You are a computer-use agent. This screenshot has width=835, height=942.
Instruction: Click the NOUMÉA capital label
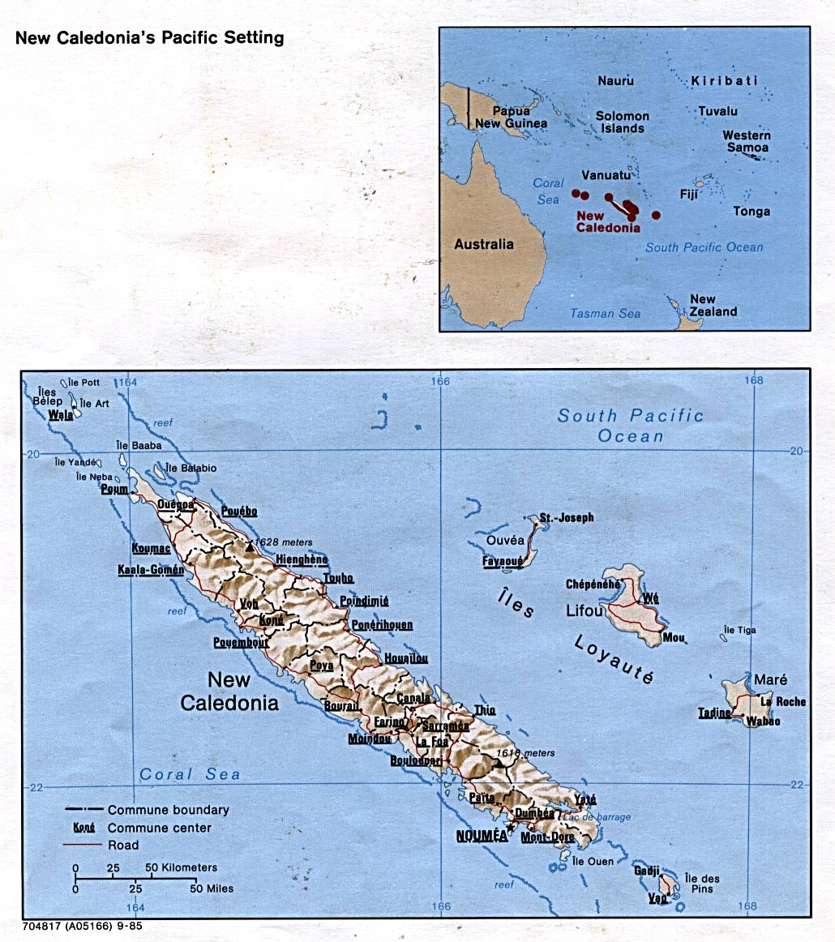coord(482,835)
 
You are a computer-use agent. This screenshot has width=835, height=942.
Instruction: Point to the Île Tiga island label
coord(739,630)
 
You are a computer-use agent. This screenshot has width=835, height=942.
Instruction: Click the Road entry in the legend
coord(123,845)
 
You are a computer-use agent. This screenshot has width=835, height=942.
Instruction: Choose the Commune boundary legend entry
coord(168,810)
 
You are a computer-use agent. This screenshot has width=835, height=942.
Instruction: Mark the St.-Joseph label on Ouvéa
coord(567,517)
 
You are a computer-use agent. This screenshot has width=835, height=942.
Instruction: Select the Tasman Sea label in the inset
coord(604,314)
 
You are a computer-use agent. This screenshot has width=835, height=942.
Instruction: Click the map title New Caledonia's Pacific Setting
coord(150,38)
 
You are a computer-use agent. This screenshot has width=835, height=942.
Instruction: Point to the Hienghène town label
coord(302,559)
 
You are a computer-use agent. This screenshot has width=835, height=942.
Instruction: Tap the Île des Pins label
coord(702,884)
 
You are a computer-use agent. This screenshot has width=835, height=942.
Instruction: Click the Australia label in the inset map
coord(483,244)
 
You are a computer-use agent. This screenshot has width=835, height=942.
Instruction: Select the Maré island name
coord(770,679)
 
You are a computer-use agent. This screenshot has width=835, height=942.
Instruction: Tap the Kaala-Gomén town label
coord(150,570)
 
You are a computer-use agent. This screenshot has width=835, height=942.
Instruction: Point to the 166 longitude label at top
coord(440,381)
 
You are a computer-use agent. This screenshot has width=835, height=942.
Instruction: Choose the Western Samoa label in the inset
coord(747,141)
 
